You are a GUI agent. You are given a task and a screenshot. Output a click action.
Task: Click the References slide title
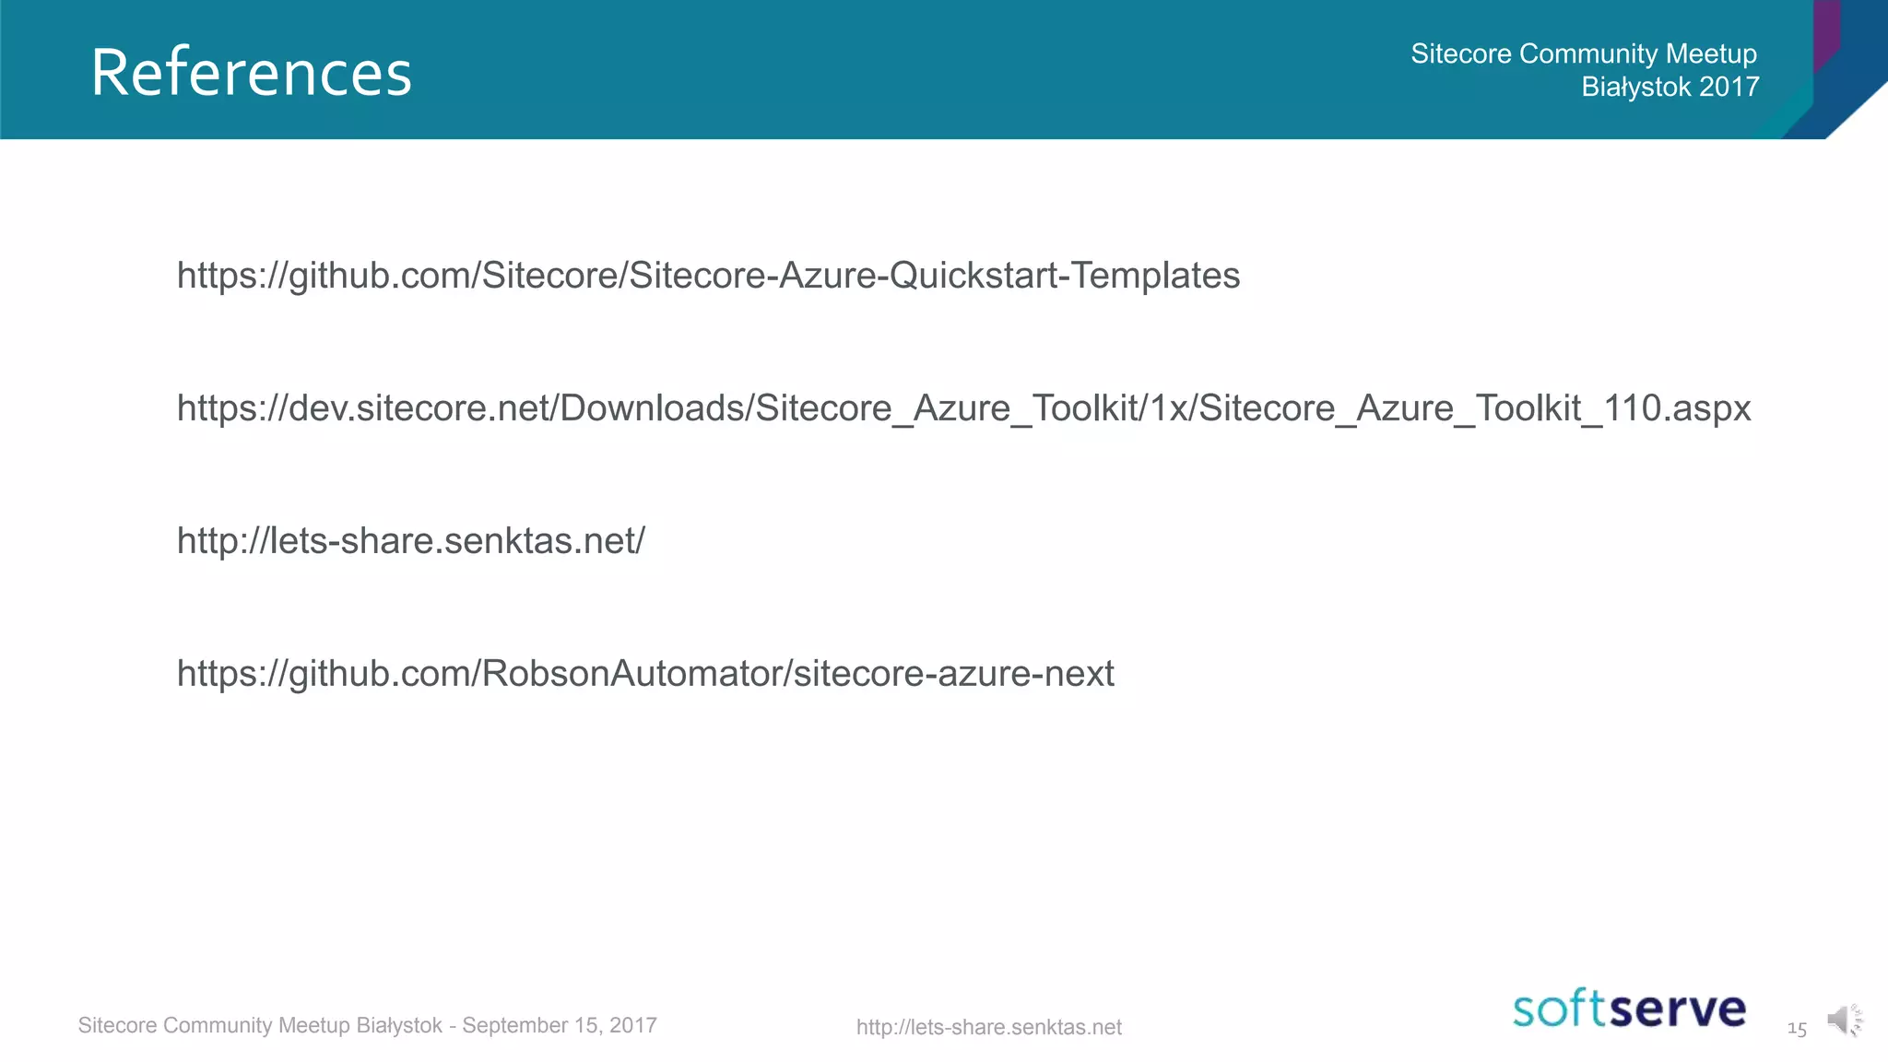tap(251, 73)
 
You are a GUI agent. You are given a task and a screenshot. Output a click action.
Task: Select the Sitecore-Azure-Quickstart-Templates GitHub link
tap(708, 276)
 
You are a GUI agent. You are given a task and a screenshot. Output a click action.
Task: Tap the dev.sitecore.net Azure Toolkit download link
tap(963, 408)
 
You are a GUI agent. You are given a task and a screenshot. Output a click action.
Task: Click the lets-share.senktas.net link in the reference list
tap(410, 541)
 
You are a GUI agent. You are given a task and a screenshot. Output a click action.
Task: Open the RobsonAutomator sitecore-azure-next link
tap(645, 674)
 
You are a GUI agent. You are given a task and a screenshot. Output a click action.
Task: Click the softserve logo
tap(1629, 1009)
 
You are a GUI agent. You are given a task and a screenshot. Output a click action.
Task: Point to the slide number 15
tap(1797, 1028)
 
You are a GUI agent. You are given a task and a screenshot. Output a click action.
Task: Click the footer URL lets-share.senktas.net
tap(988, 1027)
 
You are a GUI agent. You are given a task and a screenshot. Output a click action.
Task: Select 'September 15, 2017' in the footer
tap(560, 1025)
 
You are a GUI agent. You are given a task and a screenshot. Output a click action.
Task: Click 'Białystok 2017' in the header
tap(1670, 87)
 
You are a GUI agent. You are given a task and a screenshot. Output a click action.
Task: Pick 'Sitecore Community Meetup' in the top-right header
tap(1583, 53)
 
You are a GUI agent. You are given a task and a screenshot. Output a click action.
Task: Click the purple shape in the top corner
tap(1826, 32)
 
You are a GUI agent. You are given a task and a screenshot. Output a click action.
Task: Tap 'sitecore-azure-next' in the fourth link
tap(953, 674)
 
